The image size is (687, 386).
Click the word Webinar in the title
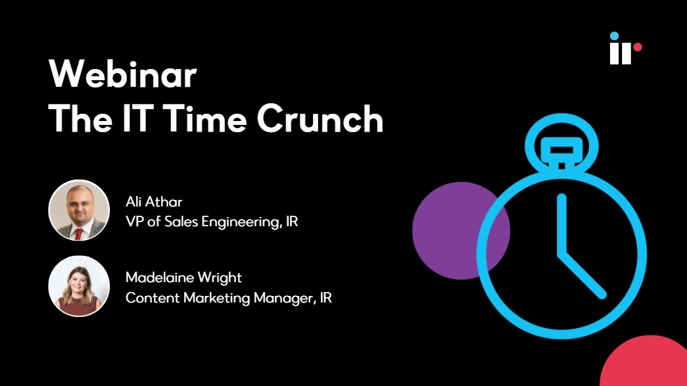pos(123,74)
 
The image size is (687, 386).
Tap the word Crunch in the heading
pos(320,118)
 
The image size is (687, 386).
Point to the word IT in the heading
pos(138,118)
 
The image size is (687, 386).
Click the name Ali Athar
pos(154,201)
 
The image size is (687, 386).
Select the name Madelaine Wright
pos(183,277)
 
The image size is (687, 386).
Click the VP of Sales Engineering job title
pos(212,222)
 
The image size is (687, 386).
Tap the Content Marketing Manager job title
pos(228,298)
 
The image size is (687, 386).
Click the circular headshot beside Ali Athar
pos(79,210)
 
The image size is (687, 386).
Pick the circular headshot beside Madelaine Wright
pos(79,286)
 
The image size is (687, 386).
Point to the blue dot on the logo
pos(614,36)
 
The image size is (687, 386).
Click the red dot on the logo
pos(638,47)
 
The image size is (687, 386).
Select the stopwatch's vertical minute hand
pos(561,224)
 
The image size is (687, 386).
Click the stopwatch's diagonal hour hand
pos(582,275)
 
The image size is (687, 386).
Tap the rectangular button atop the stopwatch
pos(561,151)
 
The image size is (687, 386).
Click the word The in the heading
pos(81,118)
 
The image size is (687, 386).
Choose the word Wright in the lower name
pos(220,277)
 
